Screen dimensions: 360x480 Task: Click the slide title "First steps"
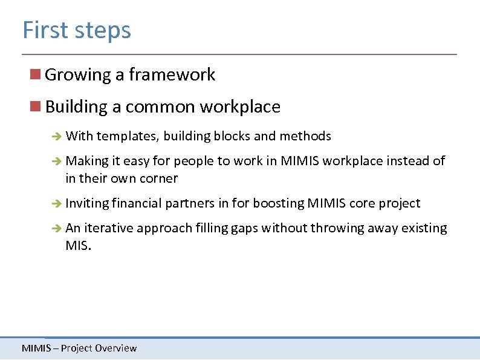[x=76, y=30]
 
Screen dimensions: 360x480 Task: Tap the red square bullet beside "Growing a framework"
[x=36, y=74]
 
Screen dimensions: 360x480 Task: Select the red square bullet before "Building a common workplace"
[x=36, y=106]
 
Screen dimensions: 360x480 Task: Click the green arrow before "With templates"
[x=56, y=137]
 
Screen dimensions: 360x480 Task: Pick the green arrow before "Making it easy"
[x=56, y=162]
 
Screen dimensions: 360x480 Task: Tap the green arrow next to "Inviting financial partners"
[x=56, y=204]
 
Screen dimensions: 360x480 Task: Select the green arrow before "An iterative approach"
[x=56, y=229]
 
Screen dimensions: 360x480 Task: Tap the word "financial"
[x=137, y=203]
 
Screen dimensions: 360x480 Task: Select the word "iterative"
[x=109, y=228]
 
